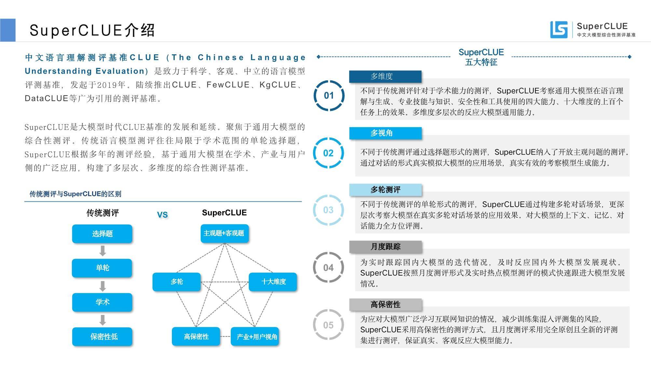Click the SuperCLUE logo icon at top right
tap(559, 30)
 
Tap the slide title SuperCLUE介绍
tap(92, 30)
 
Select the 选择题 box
tap(102, 234)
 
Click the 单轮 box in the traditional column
tap(102, 268)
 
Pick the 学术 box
tap(102, 302)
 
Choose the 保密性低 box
tap(102, 336)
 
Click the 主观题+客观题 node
tap(225, 233)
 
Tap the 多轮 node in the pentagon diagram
tap(176, 282)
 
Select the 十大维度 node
tap(273, 282)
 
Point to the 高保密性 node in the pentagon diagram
tap(196, 336)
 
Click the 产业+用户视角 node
tap(255, 336)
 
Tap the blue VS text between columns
tap(162, 215)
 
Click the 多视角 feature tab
tap(385, 133)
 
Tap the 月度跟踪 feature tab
tap(385, 247)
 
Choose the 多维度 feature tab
tap(385, 76)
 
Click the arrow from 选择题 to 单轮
tap(103, 251)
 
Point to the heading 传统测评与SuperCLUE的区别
tap(75, 194)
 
